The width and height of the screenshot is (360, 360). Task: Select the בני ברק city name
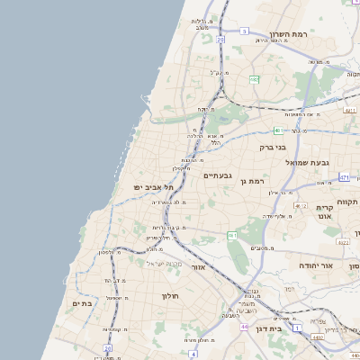(x=272, y=146)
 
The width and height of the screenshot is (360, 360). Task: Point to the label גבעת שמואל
(x=306, y=163)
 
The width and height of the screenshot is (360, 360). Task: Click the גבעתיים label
(x=219, y=175)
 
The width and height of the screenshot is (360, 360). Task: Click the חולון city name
(x=170, y=295)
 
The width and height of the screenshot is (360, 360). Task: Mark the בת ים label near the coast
(x=82, y=304)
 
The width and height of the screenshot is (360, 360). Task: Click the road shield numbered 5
(x=244, y=31)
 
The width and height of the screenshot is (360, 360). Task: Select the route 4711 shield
(x=349, y=110)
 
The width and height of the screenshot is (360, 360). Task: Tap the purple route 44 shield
(x=243, y=326)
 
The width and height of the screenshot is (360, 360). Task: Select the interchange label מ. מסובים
(x=260, y=247)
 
